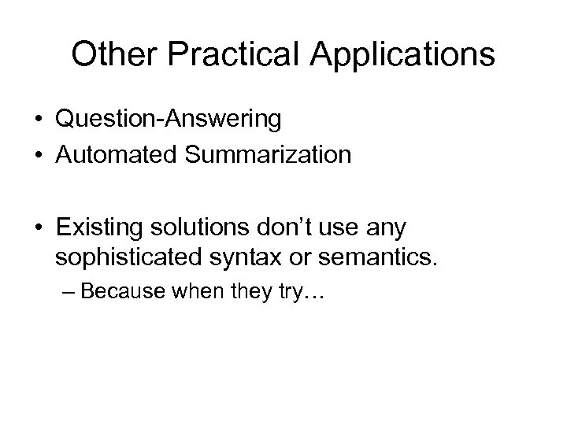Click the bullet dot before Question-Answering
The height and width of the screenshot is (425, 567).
(x=39, y=120)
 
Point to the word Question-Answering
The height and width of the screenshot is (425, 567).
(x=169, y=120)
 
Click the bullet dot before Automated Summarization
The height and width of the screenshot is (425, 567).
(x=39, y=155)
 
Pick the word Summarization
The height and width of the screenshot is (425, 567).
(x=272, y=155)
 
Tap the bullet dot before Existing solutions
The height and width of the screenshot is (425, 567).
(x=39, y=229)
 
